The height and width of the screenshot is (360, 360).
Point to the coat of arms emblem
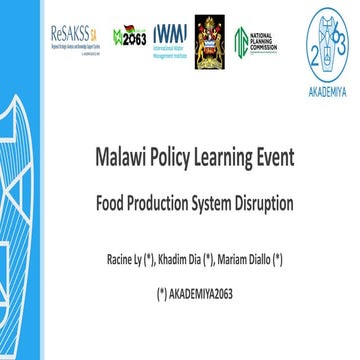coord(211,38)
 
